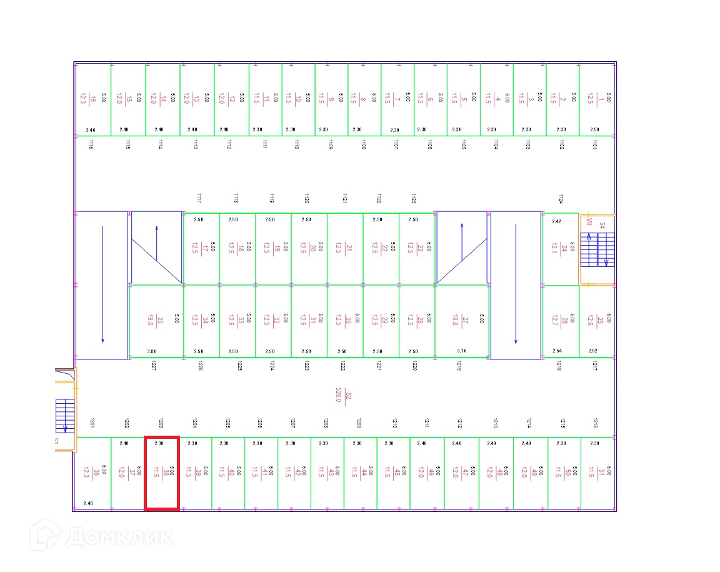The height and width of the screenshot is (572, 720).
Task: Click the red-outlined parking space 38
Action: pos(162,473)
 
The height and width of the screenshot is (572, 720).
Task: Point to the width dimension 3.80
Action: pos(152,351)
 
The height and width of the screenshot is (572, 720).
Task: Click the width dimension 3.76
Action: pos(462,351)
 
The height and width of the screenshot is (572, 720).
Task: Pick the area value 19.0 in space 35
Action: pos(151,321)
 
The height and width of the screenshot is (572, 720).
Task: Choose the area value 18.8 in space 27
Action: pos(454,321)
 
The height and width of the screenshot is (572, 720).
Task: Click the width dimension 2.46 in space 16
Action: pos(91,130)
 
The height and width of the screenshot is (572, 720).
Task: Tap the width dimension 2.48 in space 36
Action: pos(88,503)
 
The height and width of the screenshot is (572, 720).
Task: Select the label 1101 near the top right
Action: pos(594,145)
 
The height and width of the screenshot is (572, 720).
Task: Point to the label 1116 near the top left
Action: pos(91,145)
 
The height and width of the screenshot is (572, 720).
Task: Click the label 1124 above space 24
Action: pos(561,199)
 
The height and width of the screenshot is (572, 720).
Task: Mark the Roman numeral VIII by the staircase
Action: pos(588,222)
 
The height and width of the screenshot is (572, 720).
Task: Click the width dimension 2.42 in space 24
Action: pos(556,221)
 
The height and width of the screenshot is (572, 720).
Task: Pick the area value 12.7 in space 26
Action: pos(554,321)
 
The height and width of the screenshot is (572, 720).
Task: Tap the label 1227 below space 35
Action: pos(153,366)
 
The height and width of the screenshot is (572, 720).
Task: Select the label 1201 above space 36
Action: pos(91,423)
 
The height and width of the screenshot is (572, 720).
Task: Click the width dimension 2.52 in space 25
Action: pos(593,351)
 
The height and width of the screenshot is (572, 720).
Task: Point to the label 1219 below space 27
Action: pos(459,366)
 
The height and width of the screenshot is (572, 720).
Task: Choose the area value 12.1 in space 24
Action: pos(554,249)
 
